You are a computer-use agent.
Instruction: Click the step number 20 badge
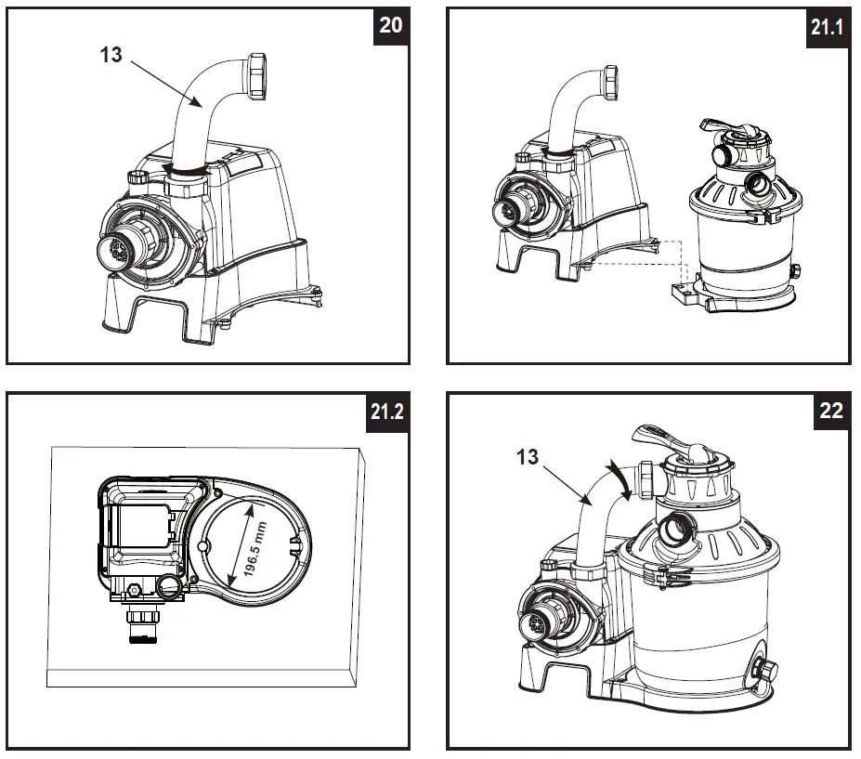point(391,25)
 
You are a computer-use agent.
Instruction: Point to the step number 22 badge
point(830,410)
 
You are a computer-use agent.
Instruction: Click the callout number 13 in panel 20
point(111,55)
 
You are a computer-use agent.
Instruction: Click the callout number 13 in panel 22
point(527,456)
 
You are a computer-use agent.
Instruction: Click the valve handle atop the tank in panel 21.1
point(720,127)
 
